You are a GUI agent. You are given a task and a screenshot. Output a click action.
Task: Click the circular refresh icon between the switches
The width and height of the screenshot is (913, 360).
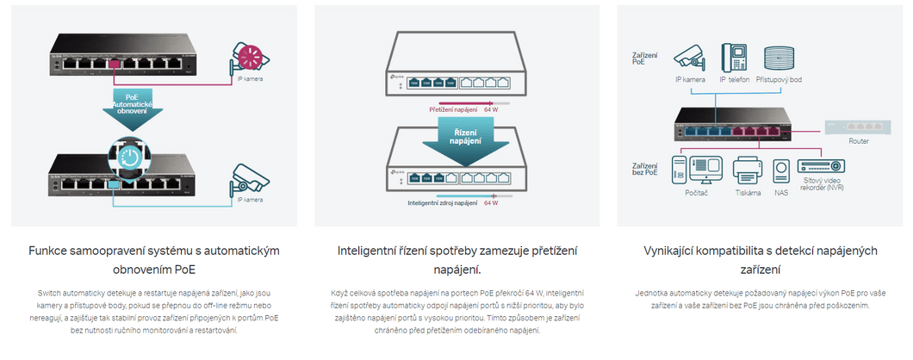[127, 158]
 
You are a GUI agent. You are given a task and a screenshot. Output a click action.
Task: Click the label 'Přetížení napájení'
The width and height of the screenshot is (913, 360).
[453, 110]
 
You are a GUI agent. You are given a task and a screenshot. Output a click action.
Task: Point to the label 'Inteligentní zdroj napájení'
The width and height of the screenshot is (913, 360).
[442, 203]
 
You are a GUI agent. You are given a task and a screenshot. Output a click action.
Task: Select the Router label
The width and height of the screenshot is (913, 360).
[858, 141]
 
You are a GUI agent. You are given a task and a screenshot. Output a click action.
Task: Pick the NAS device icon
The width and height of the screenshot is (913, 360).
[781, 171]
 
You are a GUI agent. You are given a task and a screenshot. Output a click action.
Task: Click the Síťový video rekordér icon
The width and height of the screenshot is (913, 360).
[821, 167]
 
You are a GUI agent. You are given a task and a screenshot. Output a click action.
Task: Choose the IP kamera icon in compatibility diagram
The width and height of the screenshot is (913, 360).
[689, 57]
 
